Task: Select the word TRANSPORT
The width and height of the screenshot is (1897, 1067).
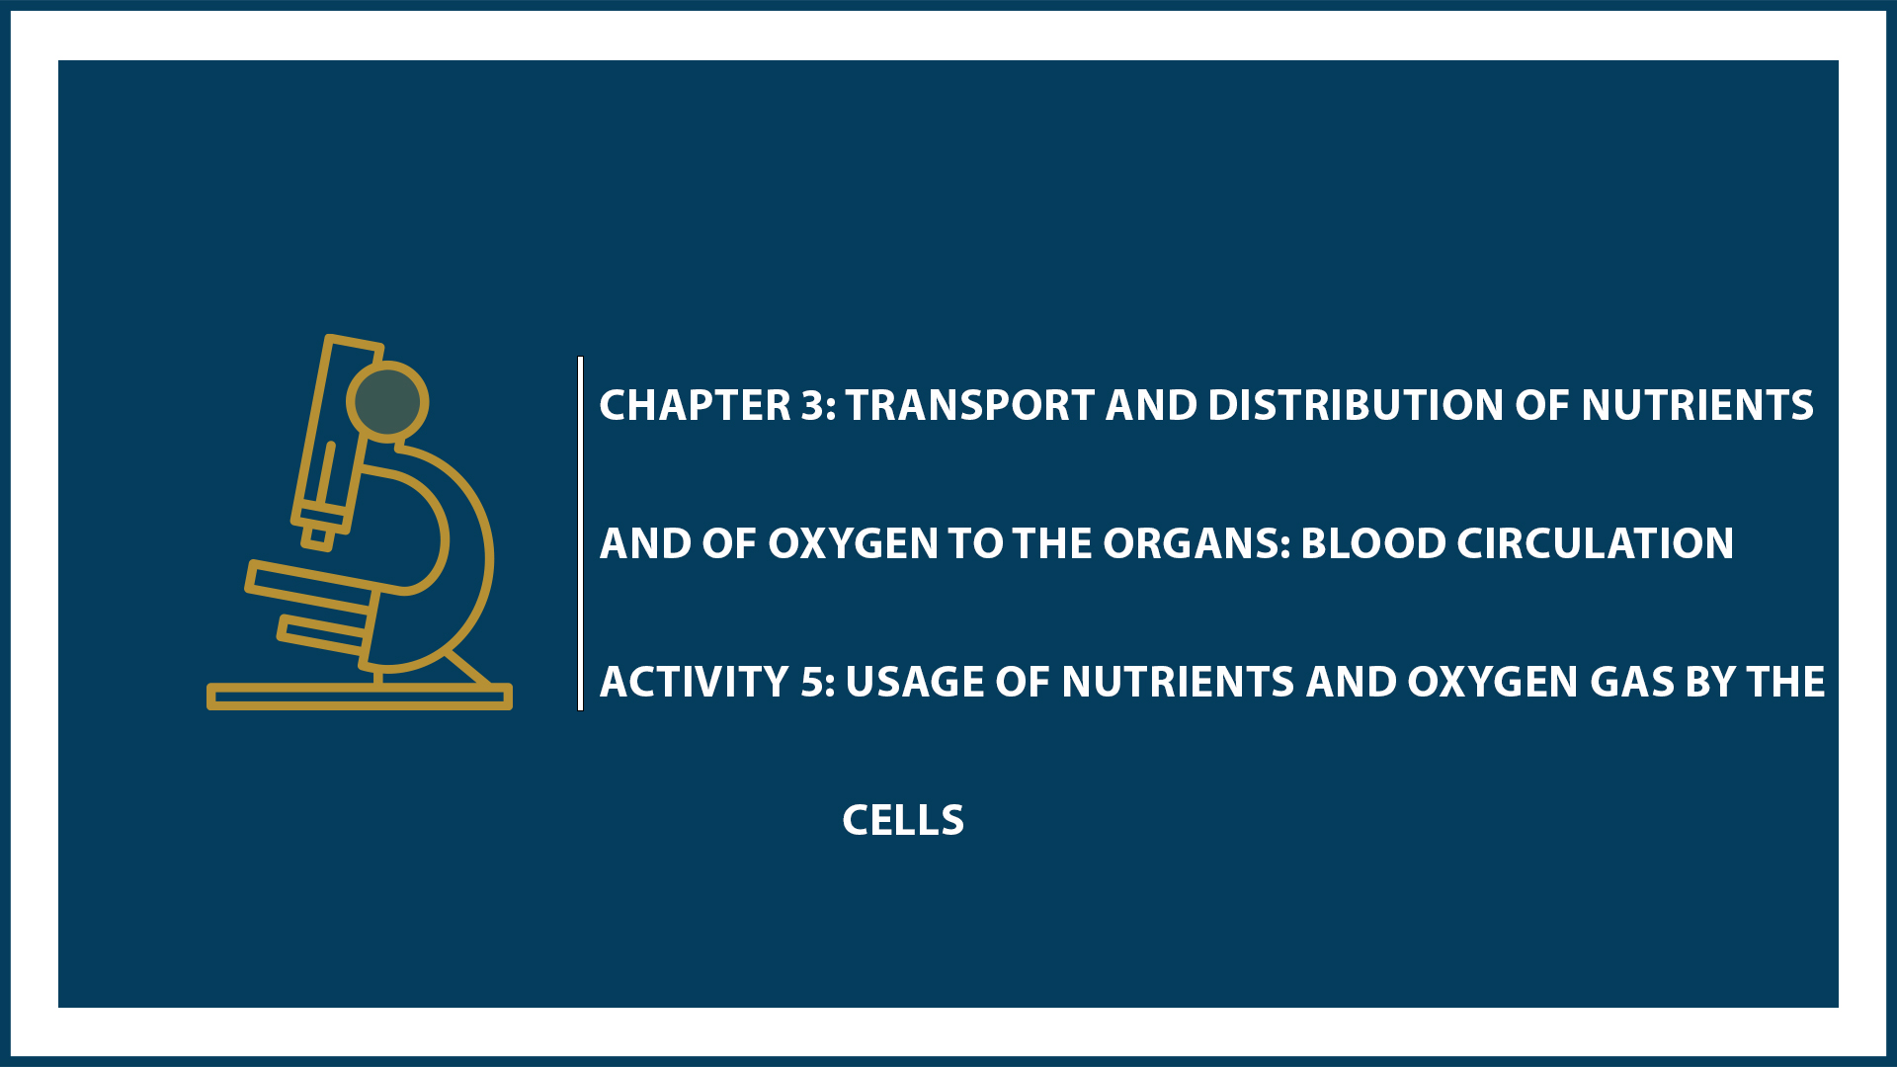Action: click(969, 405)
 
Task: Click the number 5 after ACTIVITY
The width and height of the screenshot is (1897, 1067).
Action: click(815, 682)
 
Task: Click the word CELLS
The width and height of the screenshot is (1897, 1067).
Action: click(903, 820)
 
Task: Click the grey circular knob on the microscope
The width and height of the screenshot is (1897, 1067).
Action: click(387, 401)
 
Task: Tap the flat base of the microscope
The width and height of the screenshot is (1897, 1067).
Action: click(359, 698)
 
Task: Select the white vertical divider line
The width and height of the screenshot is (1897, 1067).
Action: click(581, 533)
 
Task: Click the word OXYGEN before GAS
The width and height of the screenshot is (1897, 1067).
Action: click(1492, 682)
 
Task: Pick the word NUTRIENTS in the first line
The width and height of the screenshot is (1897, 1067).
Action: click(1696, 405)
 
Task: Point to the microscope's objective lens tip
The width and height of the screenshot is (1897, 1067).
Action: click(317, 537)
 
